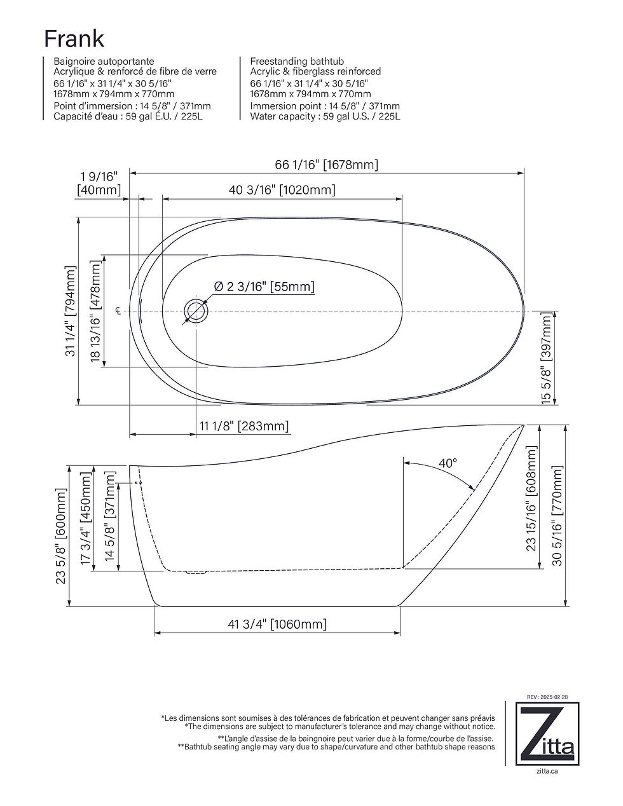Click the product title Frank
[x=74, y=39]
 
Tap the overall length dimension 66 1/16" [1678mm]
[x=326, y=165]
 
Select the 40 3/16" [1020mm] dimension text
[x=282, y=190]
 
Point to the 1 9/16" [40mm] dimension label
[x=99, y=183]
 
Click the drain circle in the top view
[x=196, y=311]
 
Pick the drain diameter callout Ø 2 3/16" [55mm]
[x=264, y=287]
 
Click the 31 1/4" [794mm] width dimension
[x=71, y=311]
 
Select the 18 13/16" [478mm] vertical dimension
[x=95, y=311]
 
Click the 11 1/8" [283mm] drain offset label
[x=244, y=426]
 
